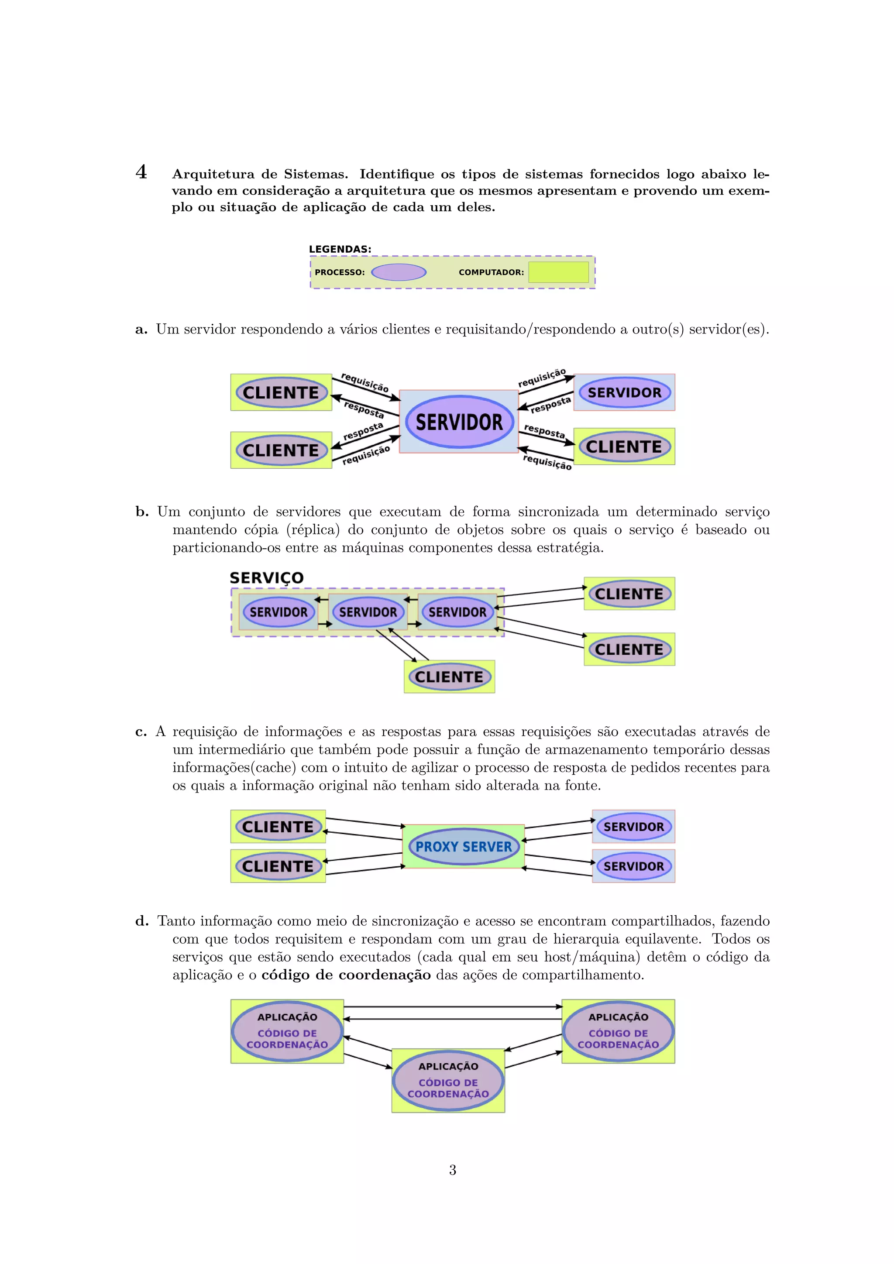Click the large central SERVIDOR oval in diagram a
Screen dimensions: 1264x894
point(459,422)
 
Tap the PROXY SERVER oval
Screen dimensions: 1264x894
point(464,847)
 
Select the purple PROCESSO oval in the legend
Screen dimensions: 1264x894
point(399,272)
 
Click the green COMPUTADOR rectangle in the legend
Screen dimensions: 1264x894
point(558,272)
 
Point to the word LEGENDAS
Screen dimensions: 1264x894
point(340,249)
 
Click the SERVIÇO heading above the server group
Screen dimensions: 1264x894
point(266,578)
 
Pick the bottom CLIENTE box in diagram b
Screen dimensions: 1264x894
point(449,677)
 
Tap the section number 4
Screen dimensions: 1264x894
point(141,172)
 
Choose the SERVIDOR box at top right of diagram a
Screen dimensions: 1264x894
point(624,392)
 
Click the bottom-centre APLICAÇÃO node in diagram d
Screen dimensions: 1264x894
point(448,1080)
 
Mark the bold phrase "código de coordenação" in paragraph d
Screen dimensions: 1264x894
point(346,975)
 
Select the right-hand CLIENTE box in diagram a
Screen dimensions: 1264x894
point(624,447)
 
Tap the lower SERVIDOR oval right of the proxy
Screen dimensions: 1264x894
point(634,866)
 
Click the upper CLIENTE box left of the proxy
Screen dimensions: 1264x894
point(278,826)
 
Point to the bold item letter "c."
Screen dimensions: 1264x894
point(141,732)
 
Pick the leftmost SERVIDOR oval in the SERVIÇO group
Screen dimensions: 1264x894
point(279,612)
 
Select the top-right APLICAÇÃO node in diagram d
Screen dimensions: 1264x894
point(618,1030)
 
